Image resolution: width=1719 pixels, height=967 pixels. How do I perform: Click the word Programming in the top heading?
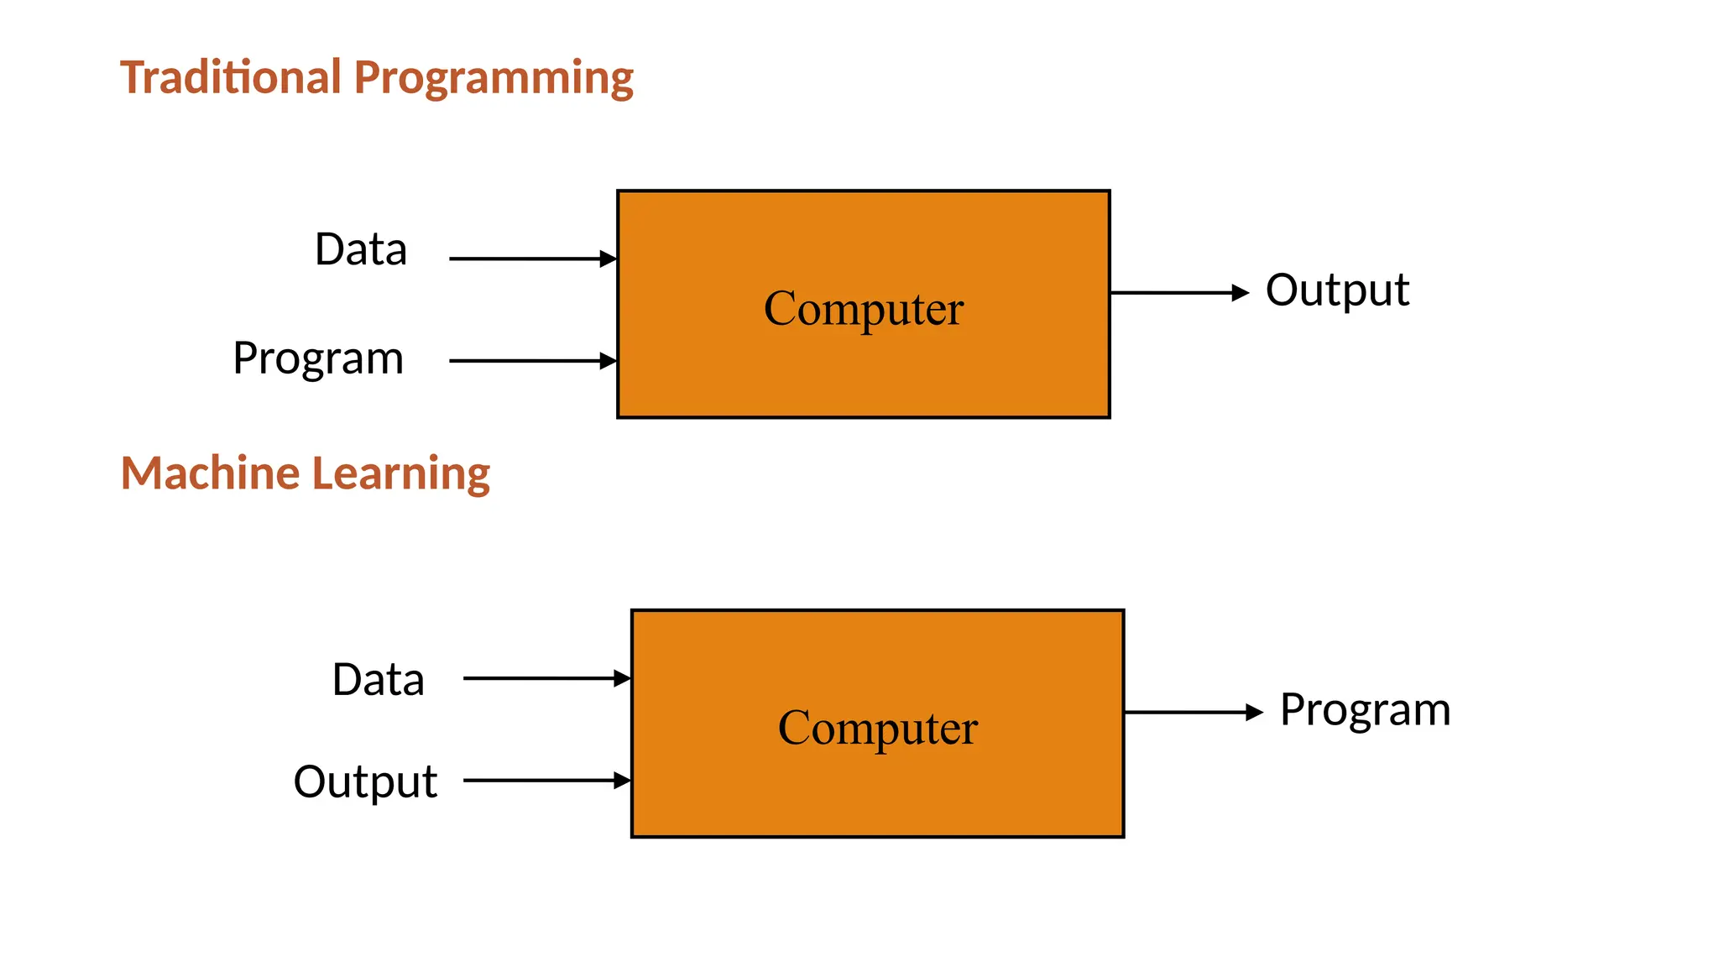(494, 79)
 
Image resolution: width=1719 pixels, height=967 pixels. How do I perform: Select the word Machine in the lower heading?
(210, 473)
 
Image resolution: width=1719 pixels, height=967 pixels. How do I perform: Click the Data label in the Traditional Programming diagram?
(361, 249)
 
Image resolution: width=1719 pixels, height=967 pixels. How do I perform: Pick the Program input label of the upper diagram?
(318, 359)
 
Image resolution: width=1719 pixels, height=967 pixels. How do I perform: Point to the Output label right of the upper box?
(1337, 291)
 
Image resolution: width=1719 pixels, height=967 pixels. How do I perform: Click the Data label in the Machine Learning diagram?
(378, 679)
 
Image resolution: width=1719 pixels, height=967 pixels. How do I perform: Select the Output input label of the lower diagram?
(365, 782)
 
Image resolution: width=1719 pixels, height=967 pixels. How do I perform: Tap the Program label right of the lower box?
(1365, 711)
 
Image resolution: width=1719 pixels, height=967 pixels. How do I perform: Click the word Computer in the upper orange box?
(864, 309)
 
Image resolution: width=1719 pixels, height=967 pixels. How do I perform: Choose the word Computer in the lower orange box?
(878, 728)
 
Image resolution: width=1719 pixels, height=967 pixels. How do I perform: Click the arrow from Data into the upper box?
(529, 259)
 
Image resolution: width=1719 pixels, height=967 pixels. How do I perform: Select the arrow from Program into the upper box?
(529, 361)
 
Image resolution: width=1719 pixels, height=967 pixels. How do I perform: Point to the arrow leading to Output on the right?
(1175, 293)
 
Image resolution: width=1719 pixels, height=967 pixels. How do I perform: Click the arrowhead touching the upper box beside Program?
(609, 361)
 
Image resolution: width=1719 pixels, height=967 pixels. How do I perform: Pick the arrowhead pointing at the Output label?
(1241, 293)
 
